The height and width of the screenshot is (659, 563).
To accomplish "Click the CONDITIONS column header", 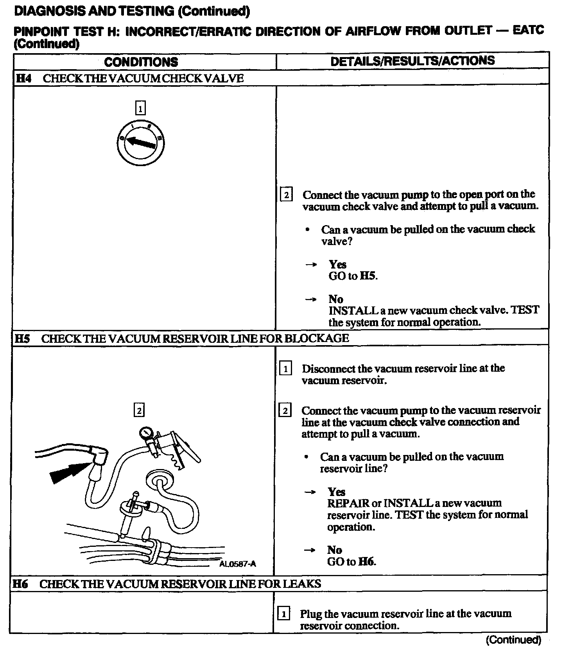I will click(141, 62).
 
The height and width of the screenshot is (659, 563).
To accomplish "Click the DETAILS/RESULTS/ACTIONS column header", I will click(412, 61).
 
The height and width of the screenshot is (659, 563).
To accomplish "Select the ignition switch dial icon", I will click(140, 143).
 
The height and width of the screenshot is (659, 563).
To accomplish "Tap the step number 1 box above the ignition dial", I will click(140, 107).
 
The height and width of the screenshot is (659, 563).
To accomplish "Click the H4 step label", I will click(23, 78).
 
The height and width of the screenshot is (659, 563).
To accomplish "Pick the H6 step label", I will click(20, 584).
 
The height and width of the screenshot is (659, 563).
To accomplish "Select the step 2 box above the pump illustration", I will click(139, 410).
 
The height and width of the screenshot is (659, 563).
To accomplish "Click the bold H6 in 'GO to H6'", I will click(366, 562).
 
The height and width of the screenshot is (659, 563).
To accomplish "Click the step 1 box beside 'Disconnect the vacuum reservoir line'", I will click(285, 369).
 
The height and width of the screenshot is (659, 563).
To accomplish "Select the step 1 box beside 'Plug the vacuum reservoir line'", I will click(283, 614).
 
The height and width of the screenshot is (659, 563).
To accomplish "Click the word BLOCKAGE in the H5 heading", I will click(316, 338).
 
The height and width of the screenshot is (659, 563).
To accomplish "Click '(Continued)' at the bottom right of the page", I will click(513, 640).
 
